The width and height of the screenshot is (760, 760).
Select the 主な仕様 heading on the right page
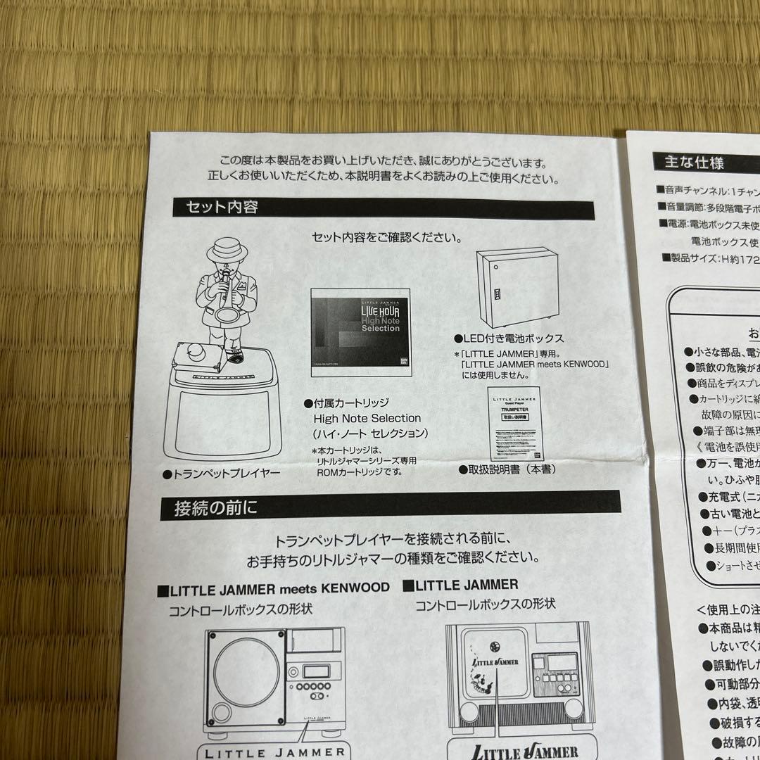[x=694, y=163]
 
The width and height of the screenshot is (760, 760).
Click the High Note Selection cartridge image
[x=358, y=328]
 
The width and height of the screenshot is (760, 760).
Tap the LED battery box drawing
[x=512, y=287]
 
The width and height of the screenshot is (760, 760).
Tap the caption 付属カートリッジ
[x=346, y=404]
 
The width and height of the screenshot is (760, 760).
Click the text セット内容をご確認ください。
[x=382, y=237]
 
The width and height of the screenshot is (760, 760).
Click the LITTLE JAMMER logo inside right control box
[x=495, y=662]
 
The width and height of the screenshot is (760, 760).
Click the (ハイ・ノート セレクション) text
[x=371, y=433]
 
